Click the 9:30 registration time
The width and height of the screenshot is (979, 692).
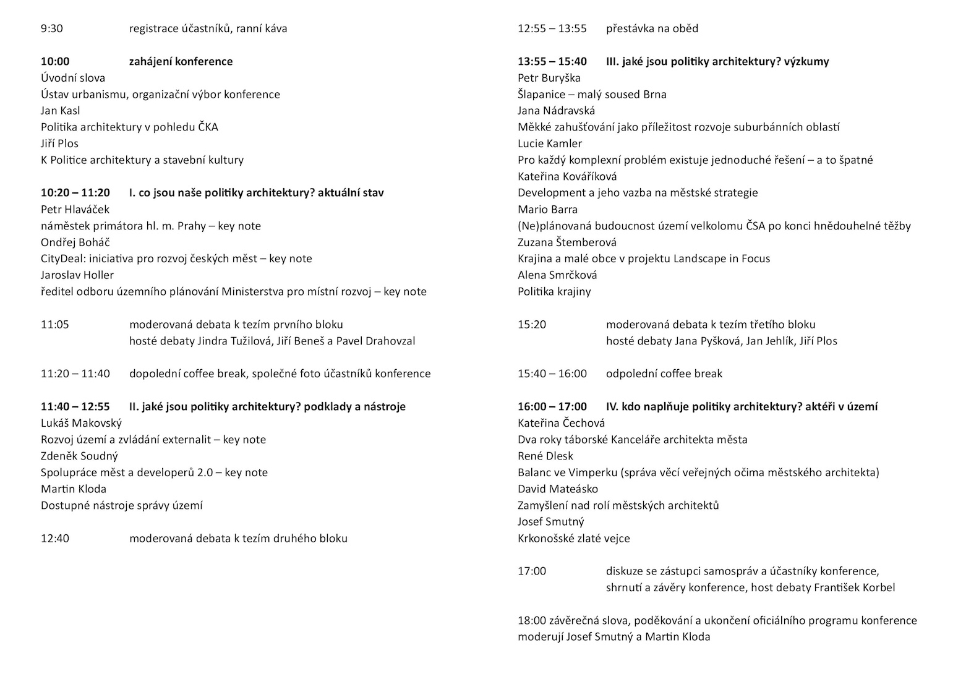(51, 28)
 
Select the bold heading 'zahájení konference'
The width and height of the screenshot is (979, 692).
(181, 61)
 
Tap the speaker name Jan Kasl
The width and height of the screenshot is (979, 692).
(61, 111)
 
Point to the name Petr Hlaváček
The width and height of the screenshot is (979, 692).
(75, 209)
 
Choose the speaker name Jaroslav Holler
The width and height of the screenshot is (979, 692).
(77, 275)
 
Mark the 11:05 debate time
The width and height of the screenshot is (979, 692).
(55, 324)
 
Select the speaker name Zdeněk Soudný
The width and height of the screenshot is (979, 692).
(79, 456)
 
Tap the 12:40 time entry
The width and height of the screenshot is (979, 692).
(55, 538)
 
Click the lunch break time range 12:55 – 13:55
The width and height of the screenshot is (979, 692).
(552, 28)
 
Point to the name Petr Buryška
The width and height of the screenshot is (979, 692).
(549, 78)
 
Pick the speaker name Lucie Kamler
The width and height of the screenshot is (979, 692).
(550, 143)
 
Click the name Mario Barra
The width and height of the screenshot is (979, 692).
(547, 209)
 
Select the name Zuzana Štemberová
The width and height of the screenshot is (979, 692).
(567, 242)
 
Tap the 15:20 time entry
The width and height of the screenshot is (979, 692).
(532, 324)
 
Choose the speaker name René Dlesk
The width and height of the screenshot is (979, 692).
(545, 456)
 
